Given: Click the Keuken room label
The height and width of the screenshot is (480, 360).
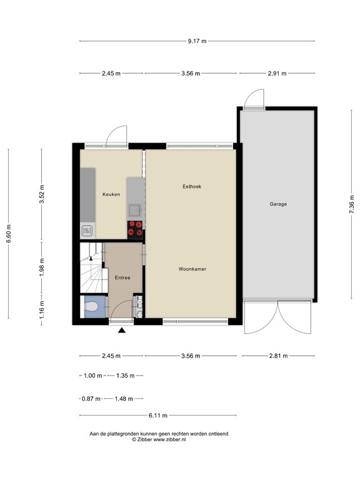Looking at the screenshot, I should click(111, 194).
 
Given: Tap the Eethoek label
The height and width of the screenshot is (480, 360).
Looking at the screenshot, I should click(192, 186).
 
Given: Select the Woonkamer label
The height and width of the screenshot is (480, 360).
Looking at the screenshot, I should click(192, 269).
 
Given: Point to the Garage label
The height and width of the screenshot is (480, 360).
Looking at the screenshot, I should click(278, 204).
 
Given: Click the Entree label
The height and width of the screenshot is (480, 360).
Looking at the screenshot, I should click(122, 277).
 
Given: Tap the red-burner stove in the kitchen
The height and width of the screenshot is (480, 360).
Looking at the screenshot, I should click(135, 229).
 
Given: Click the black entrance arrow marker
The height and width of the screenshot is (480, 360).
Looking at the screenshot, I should click(122, 330).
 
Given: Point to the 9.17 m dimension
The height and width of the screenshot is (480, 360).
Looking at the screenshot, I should click(197, 41).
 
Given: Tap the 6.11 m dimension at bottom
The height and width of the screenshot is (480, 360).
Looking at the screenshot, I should click(157, 415).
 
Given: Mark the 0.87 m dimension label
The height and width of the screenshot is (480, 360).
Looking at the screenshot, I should click(91, 398).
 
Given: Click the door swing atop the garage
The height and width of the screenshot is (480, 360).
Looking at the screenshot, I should click(254, 99).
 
